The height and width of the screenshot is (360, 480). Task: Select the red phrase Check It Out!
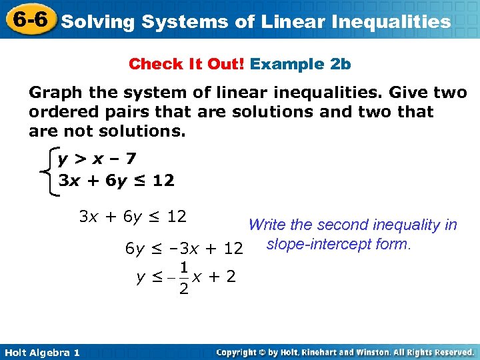coord(187,64)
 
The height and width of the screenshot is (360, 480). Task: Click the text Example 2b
coord(301,64)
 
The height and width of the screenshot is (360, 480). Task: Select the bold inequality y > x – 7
coord(97,160)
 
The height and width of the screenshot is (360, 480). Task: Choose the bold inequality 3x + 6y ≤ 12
coord(116,180)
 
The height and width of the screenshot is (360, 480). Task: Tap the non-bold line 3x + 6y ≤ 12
coord(133,217)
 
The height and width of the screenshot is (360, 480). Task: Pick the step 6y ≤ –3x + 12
coord(184,249)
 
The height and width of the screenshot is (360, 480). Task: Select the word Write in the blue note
coord(265,225)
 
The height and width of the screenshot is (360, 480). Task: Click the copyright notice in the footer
coord(345,352)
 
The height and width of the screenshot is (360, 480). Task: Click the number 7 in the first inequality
coord(131,160)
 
